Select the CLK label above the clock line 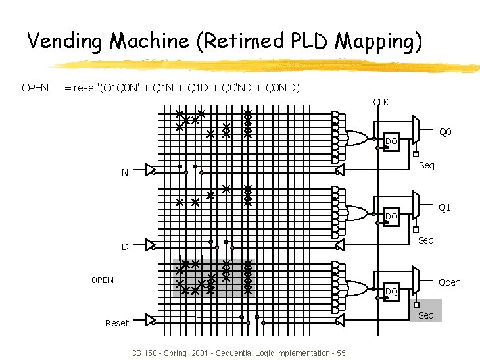[x=381, y=102]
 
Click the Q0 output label [x=445, y=133]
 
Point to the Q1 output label [x=444, y=208]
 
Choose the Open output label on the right [x=449, y=282]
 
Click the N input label [x=124, y=173]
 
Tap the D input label [x=124, y=247]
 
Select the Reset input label [x=116, y=322]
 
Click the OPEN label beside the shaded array [x=102, y=280]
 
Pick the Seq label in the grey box [x=426, y=315]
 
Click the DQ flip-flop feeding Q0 [x=391, y=141]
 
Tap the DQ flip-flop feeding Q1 [x=391, y=216]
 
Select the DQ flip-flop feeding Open [x=391, y=291]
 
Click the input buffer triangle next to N [x=151, y=170]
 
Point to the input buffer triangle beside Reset [x=151, y=320]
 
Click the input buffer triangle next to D [x=151, y=245]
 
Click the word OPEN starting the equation [x=35, y=88]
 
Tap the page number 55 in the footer [x=340, y=353]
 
